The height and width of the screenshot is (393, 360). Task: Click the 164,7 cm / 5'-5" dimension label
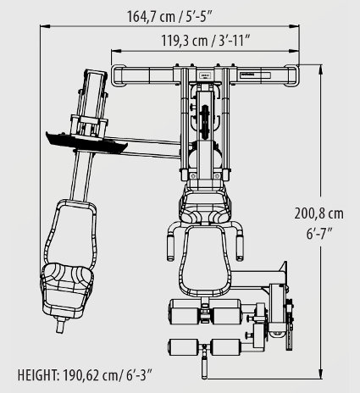tap(169, 16)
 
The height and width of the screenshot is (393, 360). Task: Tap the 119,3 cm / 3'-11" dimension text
tap(206, 41)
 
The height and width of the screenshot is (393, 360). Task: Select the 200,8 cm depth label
tap(319, 213)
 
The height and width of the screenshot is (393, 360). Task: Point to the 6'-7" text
tap(319, 234)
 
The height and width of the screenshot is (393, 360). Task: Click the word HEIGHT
tap(38, 375)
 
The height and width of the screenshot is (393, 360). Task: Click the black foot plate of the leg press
tap(86, 142)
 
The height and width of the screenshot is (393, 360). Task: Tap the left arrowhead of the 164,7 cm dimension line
tap(45, 26)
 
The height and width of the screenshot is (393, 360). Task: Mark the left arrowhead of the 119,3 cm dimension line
tap(116, 51)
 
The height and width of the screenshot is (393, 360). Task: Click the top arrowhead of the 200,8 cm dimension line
tap(320, 69)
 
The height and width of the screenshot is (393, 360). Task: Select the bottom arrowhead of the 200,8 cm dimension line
tap(320, 374)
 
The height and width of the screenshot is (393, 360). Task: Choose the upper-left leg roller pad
tap(184, 312)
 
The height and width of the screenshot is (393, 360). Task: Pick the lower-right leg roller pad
tap(226, 347)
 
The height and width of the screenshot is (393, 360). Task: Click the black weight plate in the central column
tap(205, 122)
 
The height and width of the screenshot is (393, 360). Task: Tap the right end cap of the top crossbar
tap(291, 75)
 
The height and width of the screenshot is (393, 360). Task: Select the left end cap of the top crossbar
tap(119, 75)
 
